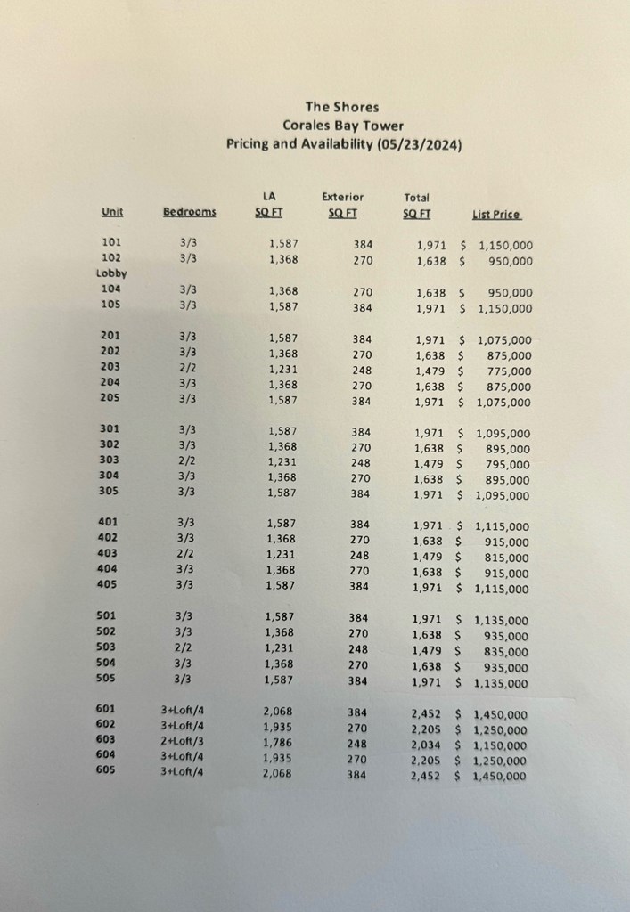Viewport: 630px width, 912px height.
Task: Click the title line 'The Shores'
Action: click(x=341, y=107)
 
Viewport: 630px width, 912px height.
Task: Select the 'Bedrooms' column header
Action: click(x=189, y=211)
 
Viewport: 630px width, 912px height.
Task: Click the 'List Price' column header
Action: click(x=496, y=214)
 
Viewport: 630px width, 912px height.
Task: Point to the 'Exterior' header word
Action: click(x=342, y=197)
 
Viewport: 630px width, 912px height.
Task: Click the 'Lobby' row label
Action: click(x=112, y=273)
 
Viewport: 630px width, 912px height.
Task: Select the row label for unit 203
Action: click(x=111, y=367)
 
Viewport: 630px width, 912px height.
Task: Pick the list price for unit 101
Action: click(x=505, y=245)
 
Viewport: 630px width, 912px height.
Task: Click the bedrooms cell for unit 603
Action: click(x=182, y=740)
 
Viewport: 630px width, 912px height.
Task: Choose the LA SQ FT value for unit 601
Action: click(x=278, y=712)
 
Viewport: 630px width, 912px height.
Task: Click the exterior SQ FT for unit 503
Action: click(x=357, y=649)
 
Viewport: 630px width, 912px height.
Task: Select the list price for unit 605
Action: click(x=499, y=776)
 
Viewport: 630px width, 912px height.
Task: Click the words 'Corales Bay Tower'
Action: click(x=342, y=126)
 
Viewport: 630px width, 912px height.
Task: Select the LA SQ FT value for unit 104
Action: click(x=283, y=290)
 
